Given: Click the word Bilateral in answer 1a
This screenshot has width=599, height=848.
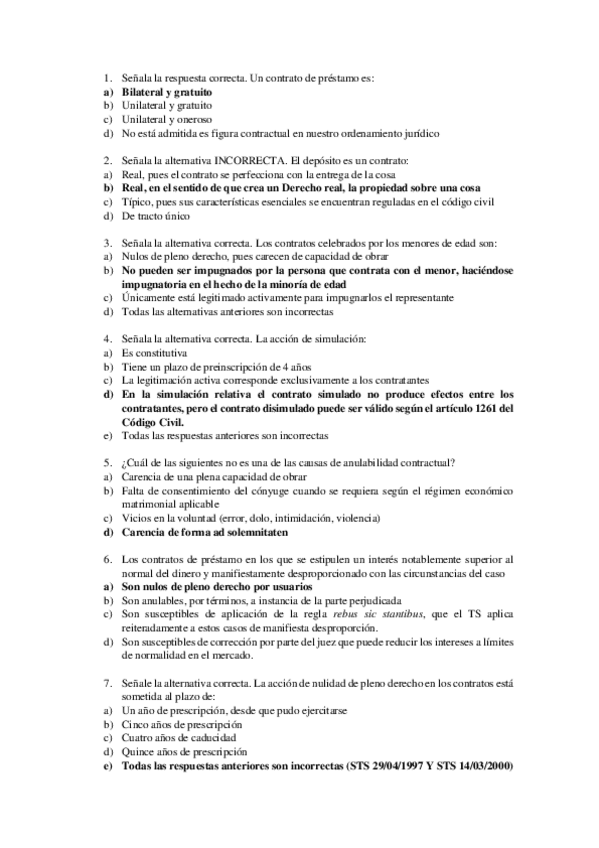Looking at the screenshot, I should (143, 91).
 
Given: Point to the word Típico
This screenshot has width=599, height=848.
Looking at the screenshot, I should (137, 200).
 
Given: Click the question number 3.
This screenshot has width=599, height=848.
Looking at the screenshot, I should (106, 242).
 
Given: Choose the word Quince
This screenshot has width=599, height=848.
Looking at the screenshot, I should (138, 752).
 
